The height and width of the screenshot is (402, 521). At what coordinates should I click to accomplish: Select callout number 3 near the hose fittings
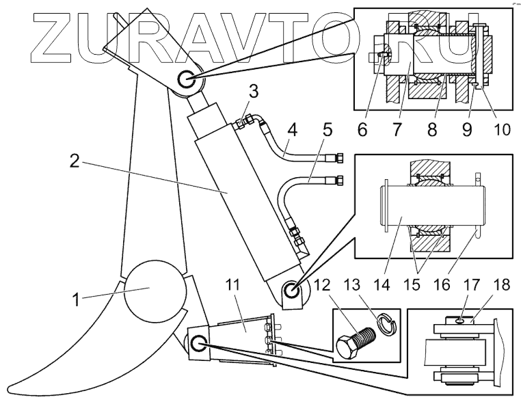(253, 91)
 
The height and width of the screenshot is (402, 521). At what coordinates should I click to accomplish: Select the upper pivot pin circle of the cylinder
(186, 81)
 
